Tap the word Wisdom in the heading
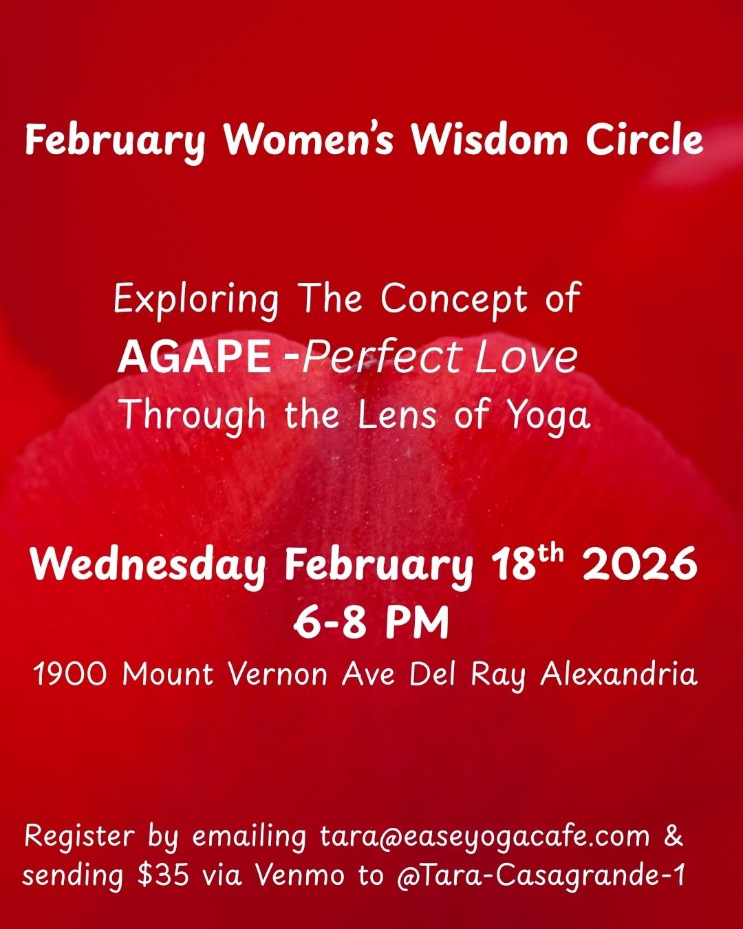tap(489, 140)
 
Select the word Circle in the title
tap(645, 140)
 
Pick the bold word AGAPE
tap(193, 357)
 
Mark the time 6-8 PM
tap(371, 623)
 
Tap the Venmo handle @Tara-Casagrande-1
tap(540, 876)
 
